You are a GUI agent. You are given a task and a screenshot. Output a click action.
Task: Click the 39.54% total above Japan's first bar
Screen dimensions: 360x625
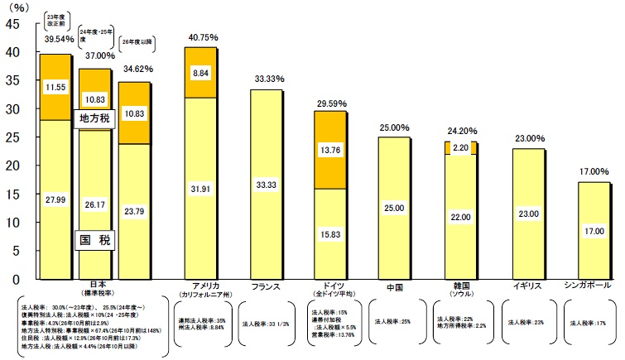(55, 37)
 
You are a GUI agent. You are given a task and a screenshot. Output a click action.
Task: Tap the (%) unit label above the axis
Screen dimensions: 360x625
(18, 7)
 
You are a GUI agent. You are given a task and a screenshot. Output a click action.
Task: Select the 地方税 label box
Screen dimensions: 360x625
(94, 118)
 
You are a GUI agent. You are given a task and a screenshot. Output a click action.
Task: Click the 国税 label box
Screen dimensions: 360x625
(94, 240)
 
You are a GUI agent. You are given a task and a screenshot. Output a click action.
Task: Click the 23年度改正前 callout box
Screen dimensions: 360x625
(55, 20)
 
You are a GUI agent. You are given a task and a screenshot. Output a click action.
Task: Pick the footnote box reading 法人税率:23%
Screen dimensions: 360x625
(523, 321)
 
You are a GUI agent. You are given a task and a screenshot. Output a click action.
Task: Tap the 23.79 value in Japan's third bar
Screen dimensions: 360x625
(135, 211)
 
